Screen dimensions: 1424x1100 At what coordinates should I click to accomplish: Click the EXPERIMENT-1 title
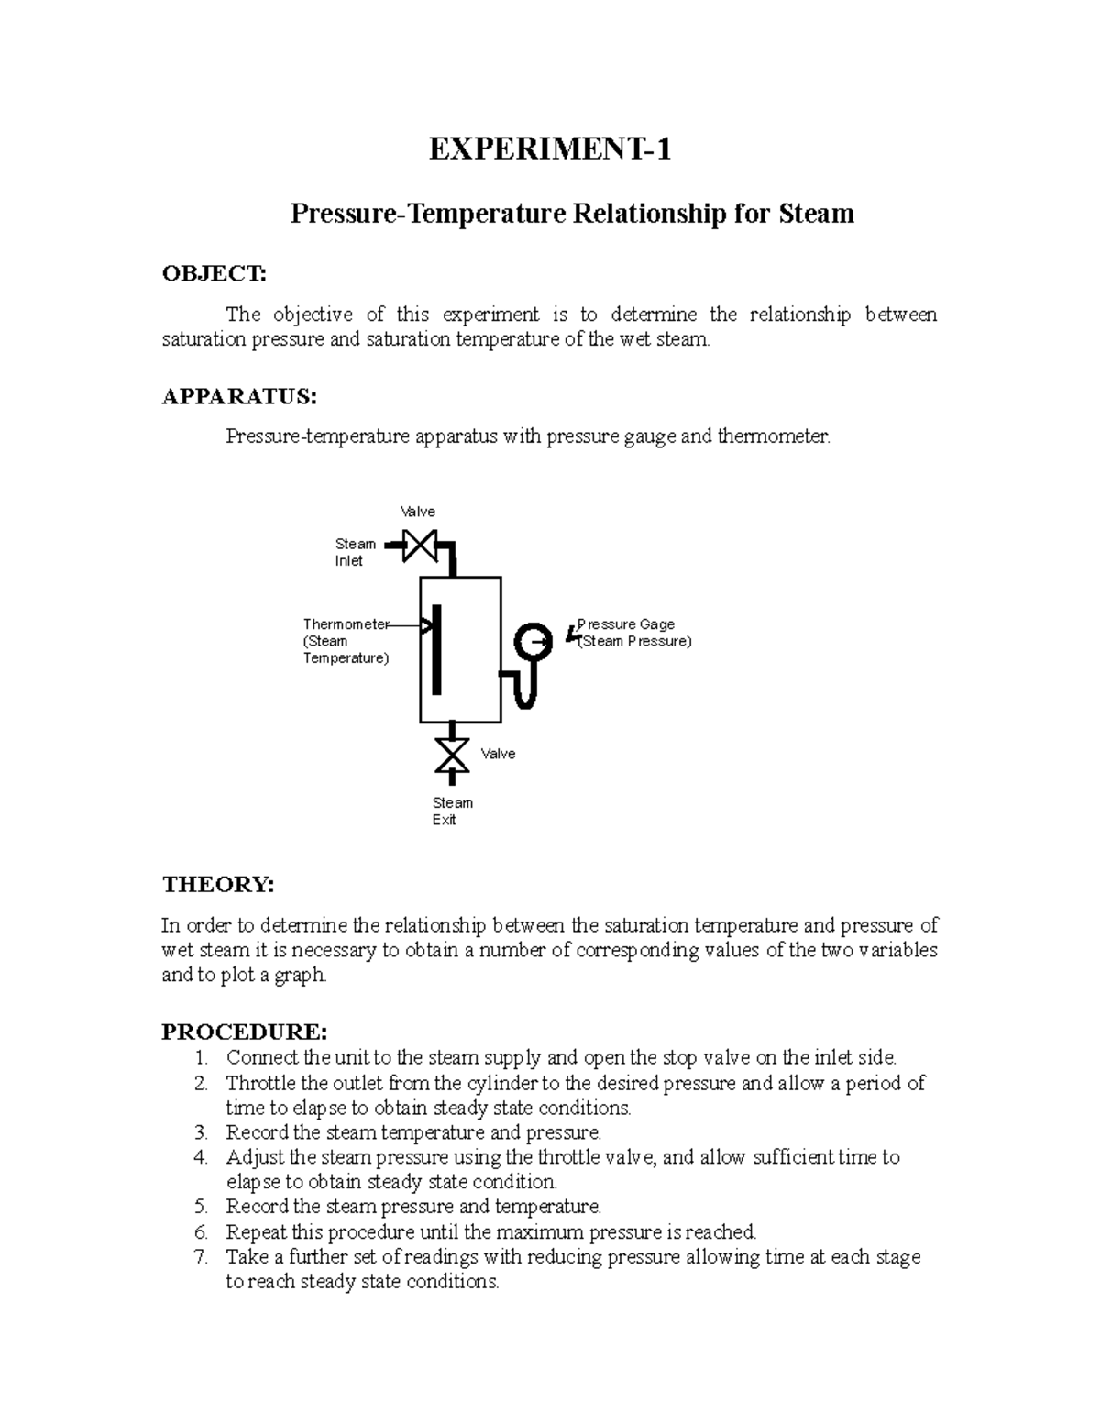pyautogui.click(x=550, y=149)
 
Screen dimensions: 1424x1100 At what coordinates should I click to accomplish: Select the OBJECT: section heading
pyautogui.click(x=214, y=273)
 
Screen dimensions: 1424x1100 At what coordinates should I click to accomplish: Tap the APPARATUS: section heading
pyautogui.click(x=239, y=396)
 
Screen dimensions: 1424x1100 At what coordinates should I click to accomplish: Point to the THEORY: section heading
pyautogui.click(x=217, y=885)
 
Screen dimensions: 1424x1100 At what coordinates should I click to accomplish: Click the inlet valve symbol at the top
pyautogui.click(x=421, y=546)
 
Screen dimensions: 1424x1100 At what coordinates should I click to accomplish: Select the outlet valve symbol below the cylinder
pyautogui.click(x=451, y=755)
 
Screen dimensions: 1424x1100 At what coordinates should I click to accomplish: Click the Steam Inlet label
pyautogui.click(x=355, y=552)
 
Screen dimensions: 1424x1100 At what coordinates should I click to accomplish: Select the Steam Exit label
pyautogui.click(x=452, y=811)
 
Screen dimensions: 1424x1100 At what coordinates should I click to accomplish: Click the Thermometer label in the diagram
pyautogui.click(x=346, y=624)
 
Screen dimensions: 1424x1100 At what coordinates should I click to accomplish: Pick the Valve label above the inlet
pyautogui.click(x=417, y=512)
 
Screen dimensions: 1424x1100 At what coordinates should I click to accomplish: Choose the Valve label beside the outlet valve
pyautogui.click(x=498, y=754)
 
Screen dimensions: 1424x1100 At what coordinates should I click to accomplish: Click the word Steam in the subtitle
pyautogui.click(x=816, y=214)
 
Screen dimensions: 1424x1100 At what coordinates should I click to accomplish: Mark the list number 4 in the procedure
pyautogui.click(x=202, y=1157)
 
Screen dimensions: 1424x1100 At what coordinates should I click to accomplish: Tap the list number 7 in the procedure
pyautogui.click(x=202, y=1256)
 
